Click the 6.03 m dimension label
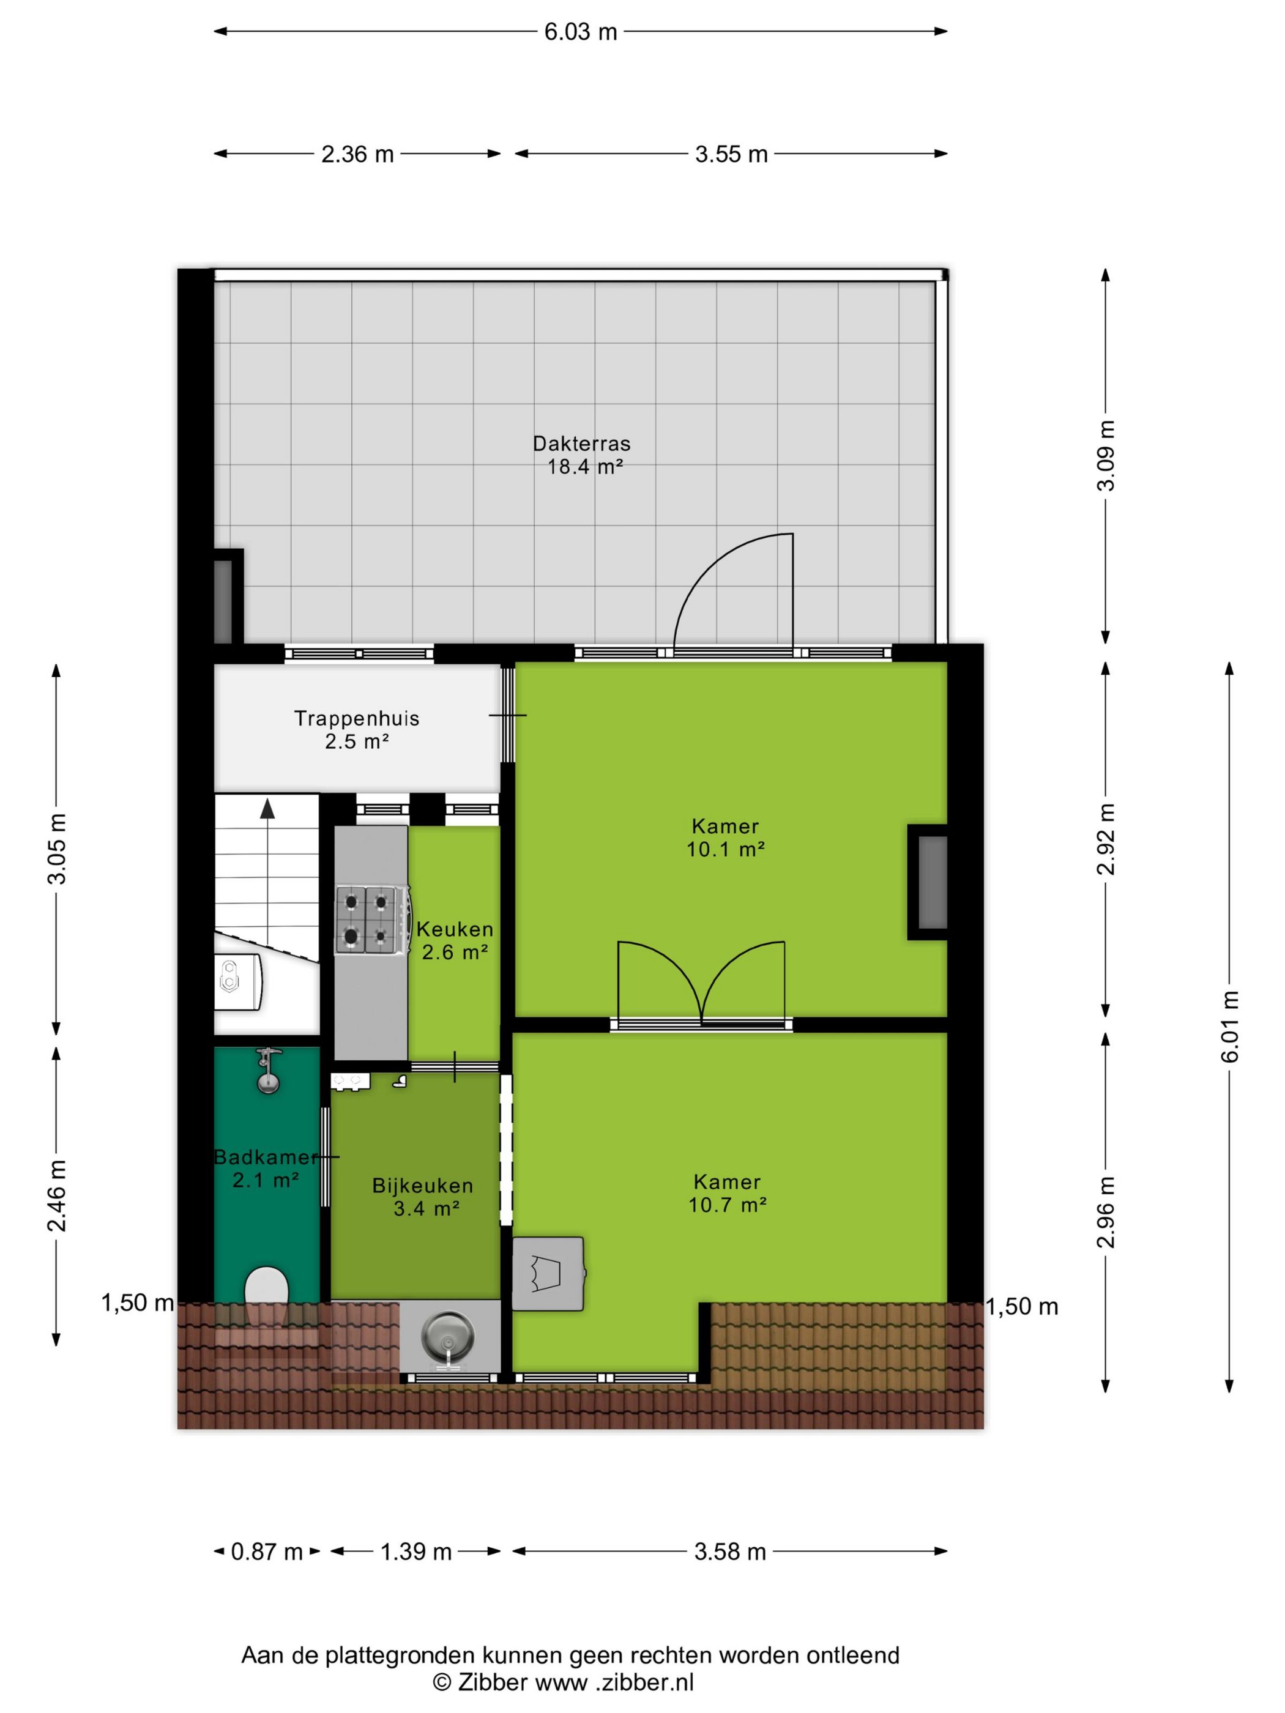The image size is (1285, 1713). [580, 32]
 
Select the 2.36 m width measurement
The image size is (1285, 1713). [358, 154]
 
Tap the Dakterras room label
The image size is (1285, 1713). [582, 444]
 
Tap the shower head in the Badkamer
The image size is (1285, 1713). [268, 1070]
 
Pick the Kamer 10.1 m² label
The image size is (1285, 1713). [726, 837]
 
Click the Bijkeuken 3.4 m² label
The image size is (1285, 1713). [423, 1197]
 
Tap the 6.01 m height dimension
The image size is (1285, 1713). [1231, 1025]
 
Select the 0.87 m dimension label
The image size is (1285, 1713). [266, 1552]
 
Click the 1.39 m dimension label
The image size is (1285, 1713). [416, 1552]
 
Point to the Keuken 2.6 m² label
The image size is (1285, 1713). [455, 940]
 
